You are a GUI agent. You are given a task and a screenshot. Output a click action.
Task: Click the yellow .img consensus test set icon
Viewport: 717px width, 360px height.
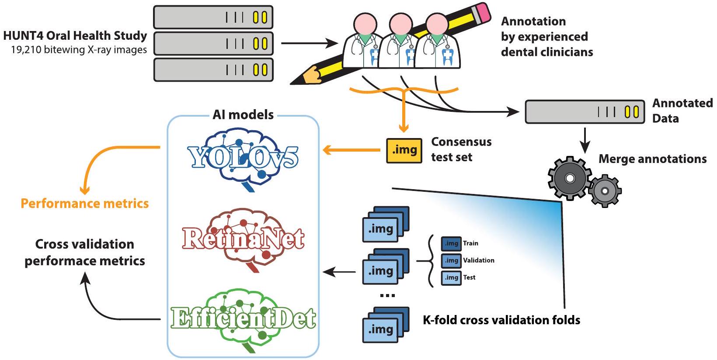[404, 150]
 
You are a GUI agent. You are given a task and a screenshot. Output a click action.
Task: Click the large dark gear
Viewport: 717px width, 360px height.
[569, 178]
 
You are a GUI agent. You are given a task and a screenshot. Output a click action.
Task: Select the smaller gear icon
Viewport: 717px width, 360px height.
[605, 190]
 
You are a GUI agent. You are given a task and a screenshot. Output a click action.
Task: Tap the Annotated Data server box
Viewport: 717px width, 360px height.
[585, 112]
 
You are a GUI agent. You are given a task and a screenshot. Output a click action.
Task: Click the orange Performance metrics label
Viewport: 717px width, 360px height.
[85, 204]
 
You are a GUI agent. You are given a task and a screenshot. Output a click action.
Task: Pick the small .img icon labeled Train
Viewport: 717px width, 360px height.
[451, 243]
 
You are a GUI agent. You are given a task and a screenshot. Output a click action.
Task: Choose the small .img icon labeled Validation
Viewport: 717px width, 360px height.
[451, 260]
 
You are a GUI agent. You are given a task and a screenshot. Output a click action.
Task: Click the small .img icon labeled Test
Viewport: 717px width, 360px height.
[451, 277]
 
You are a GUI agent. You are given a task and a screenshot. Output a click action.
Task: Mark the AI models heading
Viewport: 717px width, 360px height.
[243, 115]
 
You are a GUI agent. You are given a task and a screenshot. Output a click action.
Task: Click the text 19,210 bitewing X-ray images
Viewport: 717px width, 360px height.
[79, 50]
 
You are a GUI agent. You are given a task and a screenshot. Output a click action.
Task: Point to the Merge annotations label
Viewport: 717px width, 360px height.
[652, 159]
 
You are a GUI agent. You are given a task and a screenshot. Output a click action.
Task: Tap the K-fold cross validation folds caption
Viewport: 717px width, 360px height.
[501, 320]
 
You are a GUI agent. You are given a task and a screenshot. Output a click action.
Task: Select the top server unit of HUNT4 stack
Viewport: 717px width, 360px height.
[213, 17]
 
